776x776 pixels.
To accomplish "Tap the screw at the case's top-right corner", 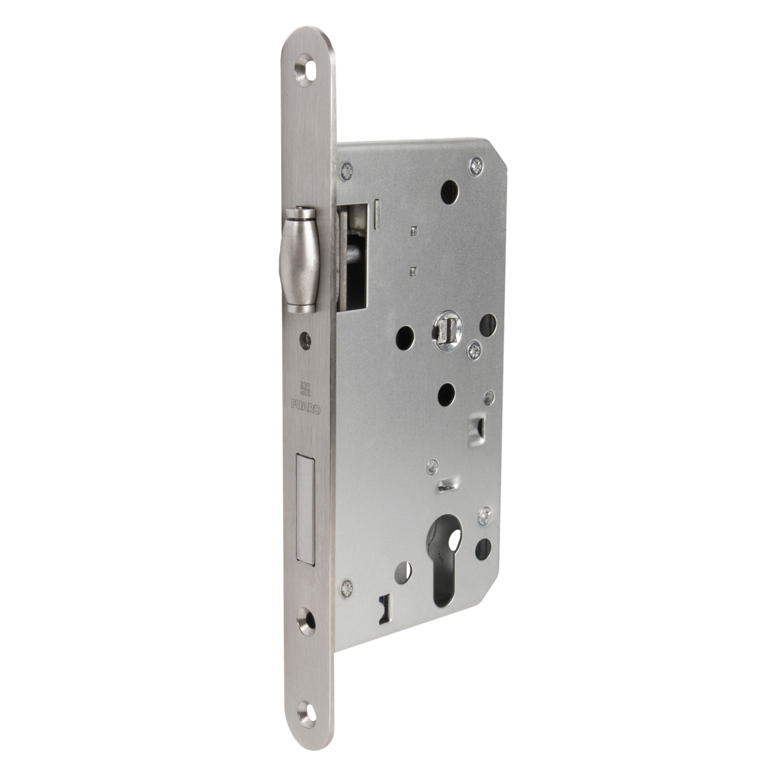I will click(x=477, y=164).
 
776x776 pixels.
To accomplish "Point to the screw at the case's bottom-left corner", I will click(x=349, y=587).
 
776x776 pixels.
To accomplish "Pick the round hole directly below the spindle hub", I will click(x=445, y=393).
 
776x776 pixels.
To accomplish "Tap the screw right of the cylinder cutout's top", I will click(x=484, y=516).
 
